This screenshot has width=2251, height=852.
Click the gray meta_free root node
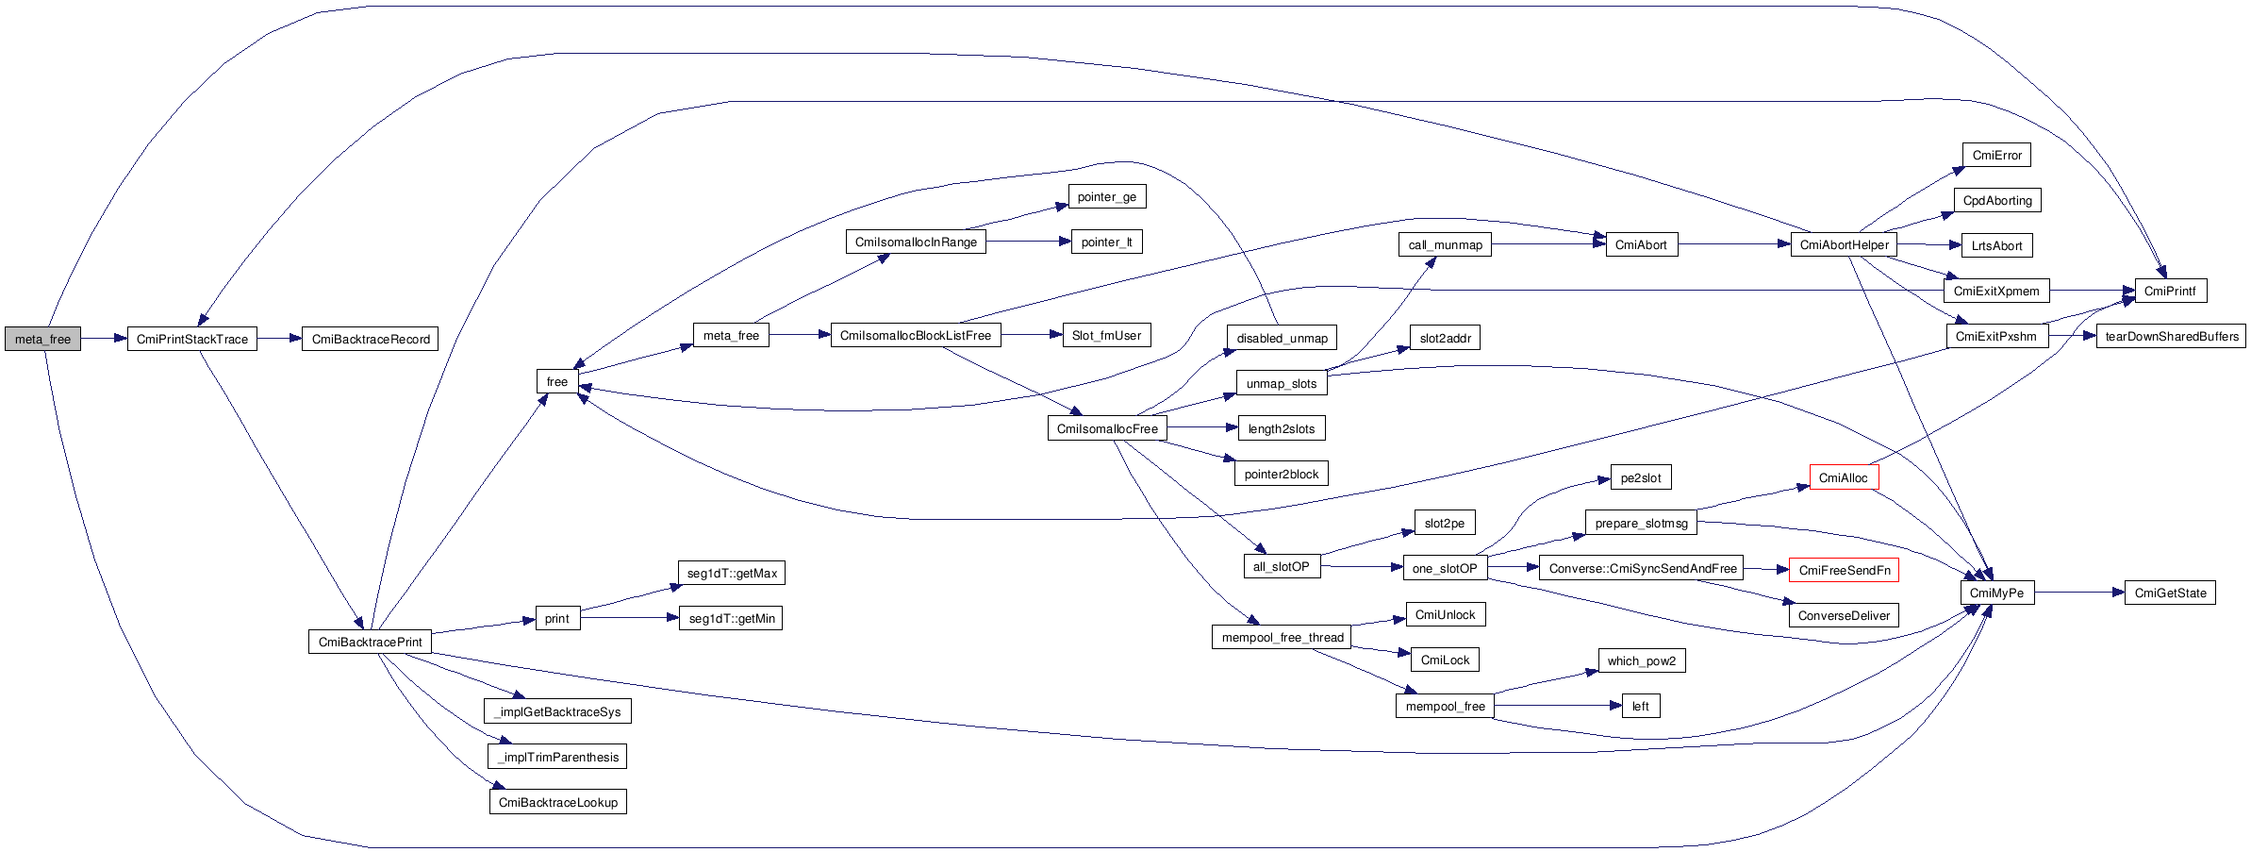tap(42, 339)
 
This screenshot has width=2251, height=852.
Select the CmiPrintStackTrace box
tap(192, 339)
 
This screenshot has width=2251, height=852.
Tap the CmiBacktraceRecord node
tap(371, 339)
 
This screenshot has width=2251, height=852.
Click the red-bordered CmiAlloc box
tap(1844, 477)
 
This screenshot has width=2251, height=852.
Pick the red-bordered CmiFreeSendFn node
tap(1845, 570)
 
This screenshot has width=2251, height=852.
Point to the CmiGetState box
tap(2170, 593)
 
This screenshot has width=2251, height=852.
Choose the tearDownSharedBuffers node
tap(2172, 336)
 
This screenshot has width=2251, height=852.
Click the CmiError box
tap(1997, 155)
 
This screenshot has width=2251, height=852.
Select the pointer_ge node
tap(1107, 196)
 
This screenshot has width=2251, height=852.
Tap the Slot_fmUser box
tap(1107, 335)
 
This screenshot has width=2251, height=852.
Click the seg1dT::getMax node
tap(732, 573)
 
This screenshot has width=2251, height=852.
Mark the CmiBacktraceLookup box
tap(558, 802)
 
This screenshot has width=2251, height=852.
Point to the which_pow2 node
tap(1642, 660)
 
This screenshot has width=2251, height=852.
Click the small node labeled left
tap(1641, 706)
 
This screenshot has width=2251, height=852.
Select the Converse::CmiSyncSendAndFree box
tap(1642, 568)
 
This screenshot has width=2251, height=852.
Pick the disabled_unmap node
tap(1282, 338)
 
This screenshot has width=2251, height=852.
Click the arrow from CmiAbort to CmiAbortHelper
tap(1734, 244)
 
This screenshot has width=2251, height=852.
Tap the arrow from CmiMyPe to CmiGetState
tap(2079, 593)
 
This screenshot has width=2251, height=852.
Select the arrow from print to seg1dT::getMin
tap(630, 618)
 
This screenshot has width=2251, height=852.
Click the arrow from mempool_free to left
tap(1558, 706)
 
